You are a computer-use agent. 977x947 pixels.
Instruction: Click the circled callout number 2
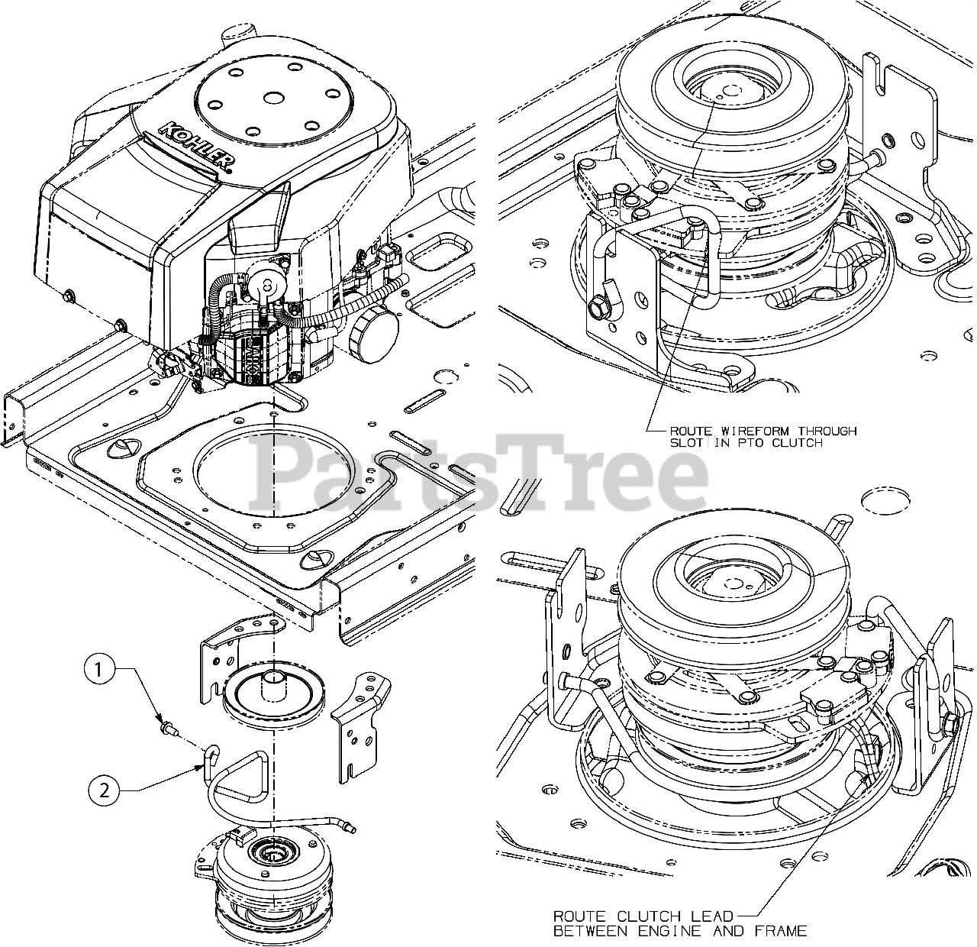click(x=104, y=791)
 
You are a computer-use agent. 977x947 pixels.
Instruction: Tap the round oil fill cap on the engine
click(x=374, y=335)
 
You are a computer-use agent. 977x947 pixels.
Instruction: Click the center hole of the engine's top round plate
click(x=275, y=98)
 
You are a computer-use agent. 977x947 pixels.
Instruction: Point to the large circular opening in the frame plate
click(x=273, y=471)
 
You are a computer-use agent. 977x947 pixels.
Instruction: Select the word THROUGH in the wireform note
click(x=828, y=431)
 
